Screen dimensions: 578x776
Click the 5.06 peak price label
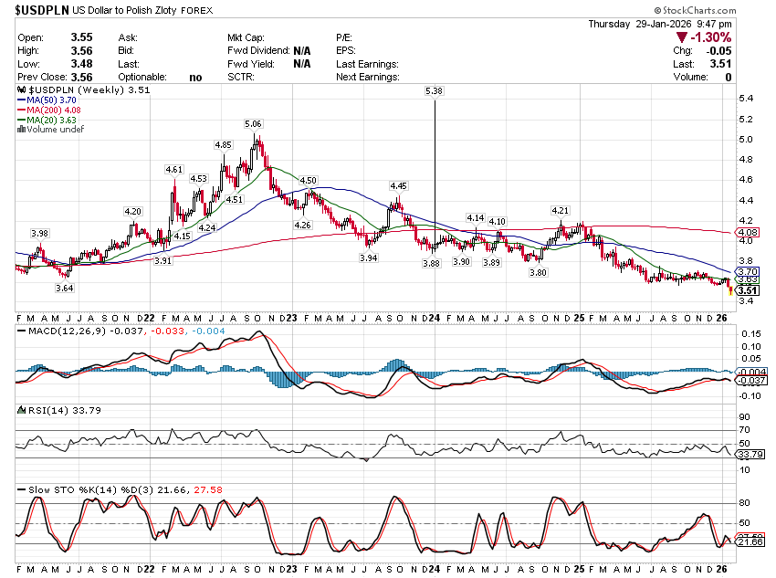click(253, 123)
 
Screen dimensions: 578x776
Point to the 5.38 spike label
click(434, 91)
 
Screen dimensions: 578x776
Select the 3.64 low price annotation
click(64, 288)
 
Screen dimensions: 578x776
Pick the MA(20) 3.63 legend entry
click(51, 121)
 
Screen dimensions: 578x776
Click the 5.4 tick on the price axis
click(746, 99)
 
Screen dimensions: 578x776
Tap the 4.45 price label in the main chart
click(398, 185)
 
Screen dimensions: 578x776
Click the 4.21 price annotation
click(560, 211)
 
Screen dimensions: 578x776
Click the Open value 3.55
click(83, 37)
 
